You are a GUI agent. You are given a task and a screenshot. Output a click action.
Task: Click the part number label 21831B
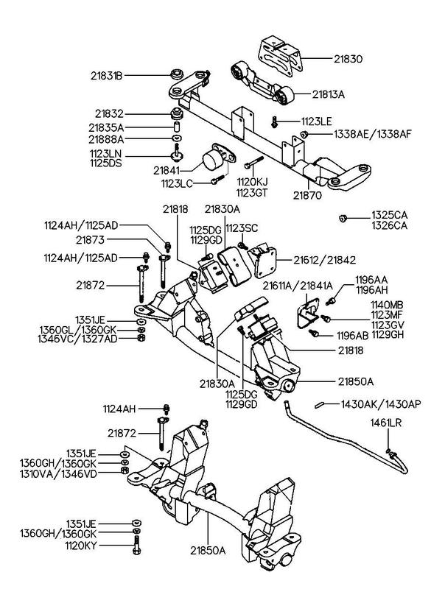tap(107, 76)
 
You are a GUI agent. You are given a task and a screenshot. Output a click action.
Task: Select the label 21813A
tap(328, 94)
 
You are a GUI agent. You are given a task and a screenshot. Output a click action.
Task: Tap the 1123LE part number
tap(316, 121)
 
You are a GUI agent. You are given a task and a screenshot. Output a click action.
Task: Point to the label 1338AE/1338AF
tap(373, 134)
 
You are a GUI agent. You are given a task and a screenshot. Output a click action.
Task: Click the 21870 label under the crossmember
tap(307, 195)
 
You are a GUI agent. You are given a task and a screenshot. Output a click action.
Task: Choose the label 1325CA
tap(389, 215)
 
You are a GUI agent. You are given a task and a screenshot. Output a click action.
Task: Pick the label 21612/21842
tap(325, 260)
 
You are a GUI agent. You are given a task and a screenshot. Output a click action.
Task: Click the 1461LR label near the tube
tap(386, 423)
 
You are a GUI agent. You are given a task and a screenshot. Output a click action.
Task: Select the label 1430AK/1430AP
tap(381, 404)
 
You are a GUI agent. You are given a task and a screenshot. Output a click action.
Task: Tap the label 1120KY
tap(81, 546)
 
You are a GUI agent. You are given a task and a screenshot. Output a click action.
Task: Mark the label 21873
tap(90, 240)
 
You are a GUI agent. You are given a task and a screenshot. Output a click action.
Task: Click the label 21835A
tap(106, 127)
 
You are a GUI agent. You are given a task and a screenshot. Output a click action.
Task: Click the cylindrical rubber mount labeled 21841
tap(211, 160)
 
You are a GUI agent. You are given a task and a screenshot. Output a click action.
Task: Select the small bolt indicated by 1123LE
tap(274, 121)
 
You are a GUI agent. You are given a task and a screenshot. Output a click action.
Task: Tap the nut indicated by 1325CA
tap(343, 218)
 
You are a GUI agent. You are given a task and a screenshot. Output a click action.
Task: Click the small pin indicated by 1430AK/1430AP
tap(320, 405)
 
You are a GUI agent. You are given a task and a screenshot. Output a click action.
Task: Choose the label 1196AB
tap(352, 335)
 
